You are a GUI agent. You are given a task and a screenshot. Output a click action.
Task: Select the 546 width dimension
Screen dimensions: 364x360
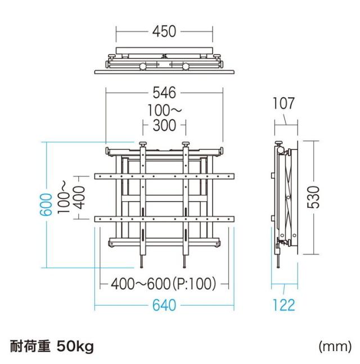pyautogui.click(x=164, y=92)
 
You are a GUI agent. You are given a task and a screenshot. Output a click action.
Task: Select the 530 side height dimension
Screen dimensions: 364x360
pyautogui.click(x=318, y=197)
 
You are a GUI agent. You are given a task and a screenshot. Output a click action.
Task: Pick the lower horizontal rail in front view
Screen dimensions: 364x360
pyautogui.click(x=164, y=217)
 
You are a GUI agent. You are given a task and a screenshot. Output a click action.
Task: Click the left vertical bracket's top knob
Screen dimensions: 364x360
pyautogui.click(x=143, y=146)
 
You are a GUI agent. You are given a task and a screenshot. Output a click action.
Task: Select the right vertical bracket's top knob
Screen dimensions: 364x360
pyautogui.click(x=186, y=146)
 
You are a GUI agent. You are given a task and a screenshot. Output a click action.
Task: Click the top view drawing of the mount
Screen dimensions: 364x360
pyautogui.click(x=164, y=62)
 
